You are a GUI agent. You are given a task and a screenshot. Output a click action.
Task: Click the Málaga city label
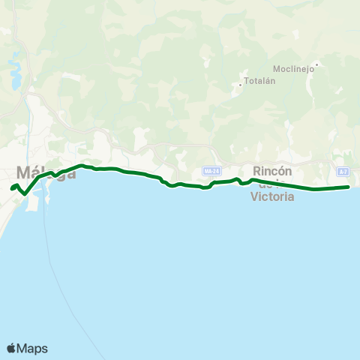(x=46, y=172)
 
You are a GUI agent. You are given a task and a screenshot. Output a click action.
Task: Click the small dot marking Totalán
(x=240, y=84)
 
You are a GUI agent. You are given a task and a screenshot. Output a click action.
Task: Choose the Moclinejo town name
(x=292, y=68)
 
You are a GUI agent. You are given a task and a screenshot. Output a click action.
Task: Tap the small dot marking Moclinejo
(x=317, y=64)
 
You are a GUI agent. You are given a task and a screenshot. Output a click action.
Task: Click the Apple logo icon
(x=12, y=348)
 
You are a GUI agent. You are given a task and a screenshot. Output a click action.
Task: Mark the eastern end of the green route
(x=349, y=187)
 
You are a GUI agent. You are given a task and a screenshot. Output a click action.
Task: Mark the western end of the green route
(x=11, y=188)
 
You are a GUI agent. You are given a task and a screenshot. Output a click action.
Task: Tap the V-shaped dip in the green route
(x=25, y=193)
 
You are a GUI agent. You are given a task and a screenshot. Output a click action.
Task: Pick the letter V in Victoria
(x=254, y=197)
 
